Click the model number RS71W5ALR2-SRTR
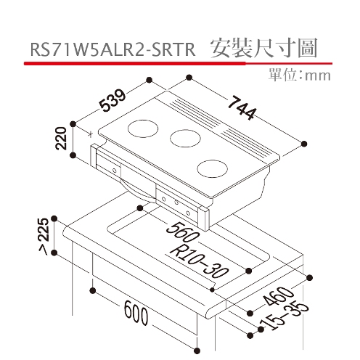(x=112, y=49)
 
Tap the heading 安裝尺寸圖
(x=263, y=48)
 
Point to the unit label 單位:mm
(x=300, y=75)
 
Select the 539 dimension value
(x=113, y=100)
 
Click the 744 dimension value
(x=242, y=107)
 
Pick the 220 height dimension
(x=61, y=138)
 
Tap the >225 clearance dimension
(x=44, y=237)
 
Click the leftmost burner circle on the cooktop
(x=143, y=128)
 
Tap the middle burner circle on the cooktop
(x=185, y=139)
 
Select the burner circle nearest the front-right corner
(x=213, y=168)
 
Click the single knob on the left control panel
(x=115, y=171)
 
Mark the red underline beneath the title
(x=178, y=63)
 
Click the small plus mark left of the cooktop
(x=91, y=134)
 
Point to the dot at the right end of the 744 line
(x=304, y=144)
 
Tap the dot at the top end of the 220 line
(x=73, y=124)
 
